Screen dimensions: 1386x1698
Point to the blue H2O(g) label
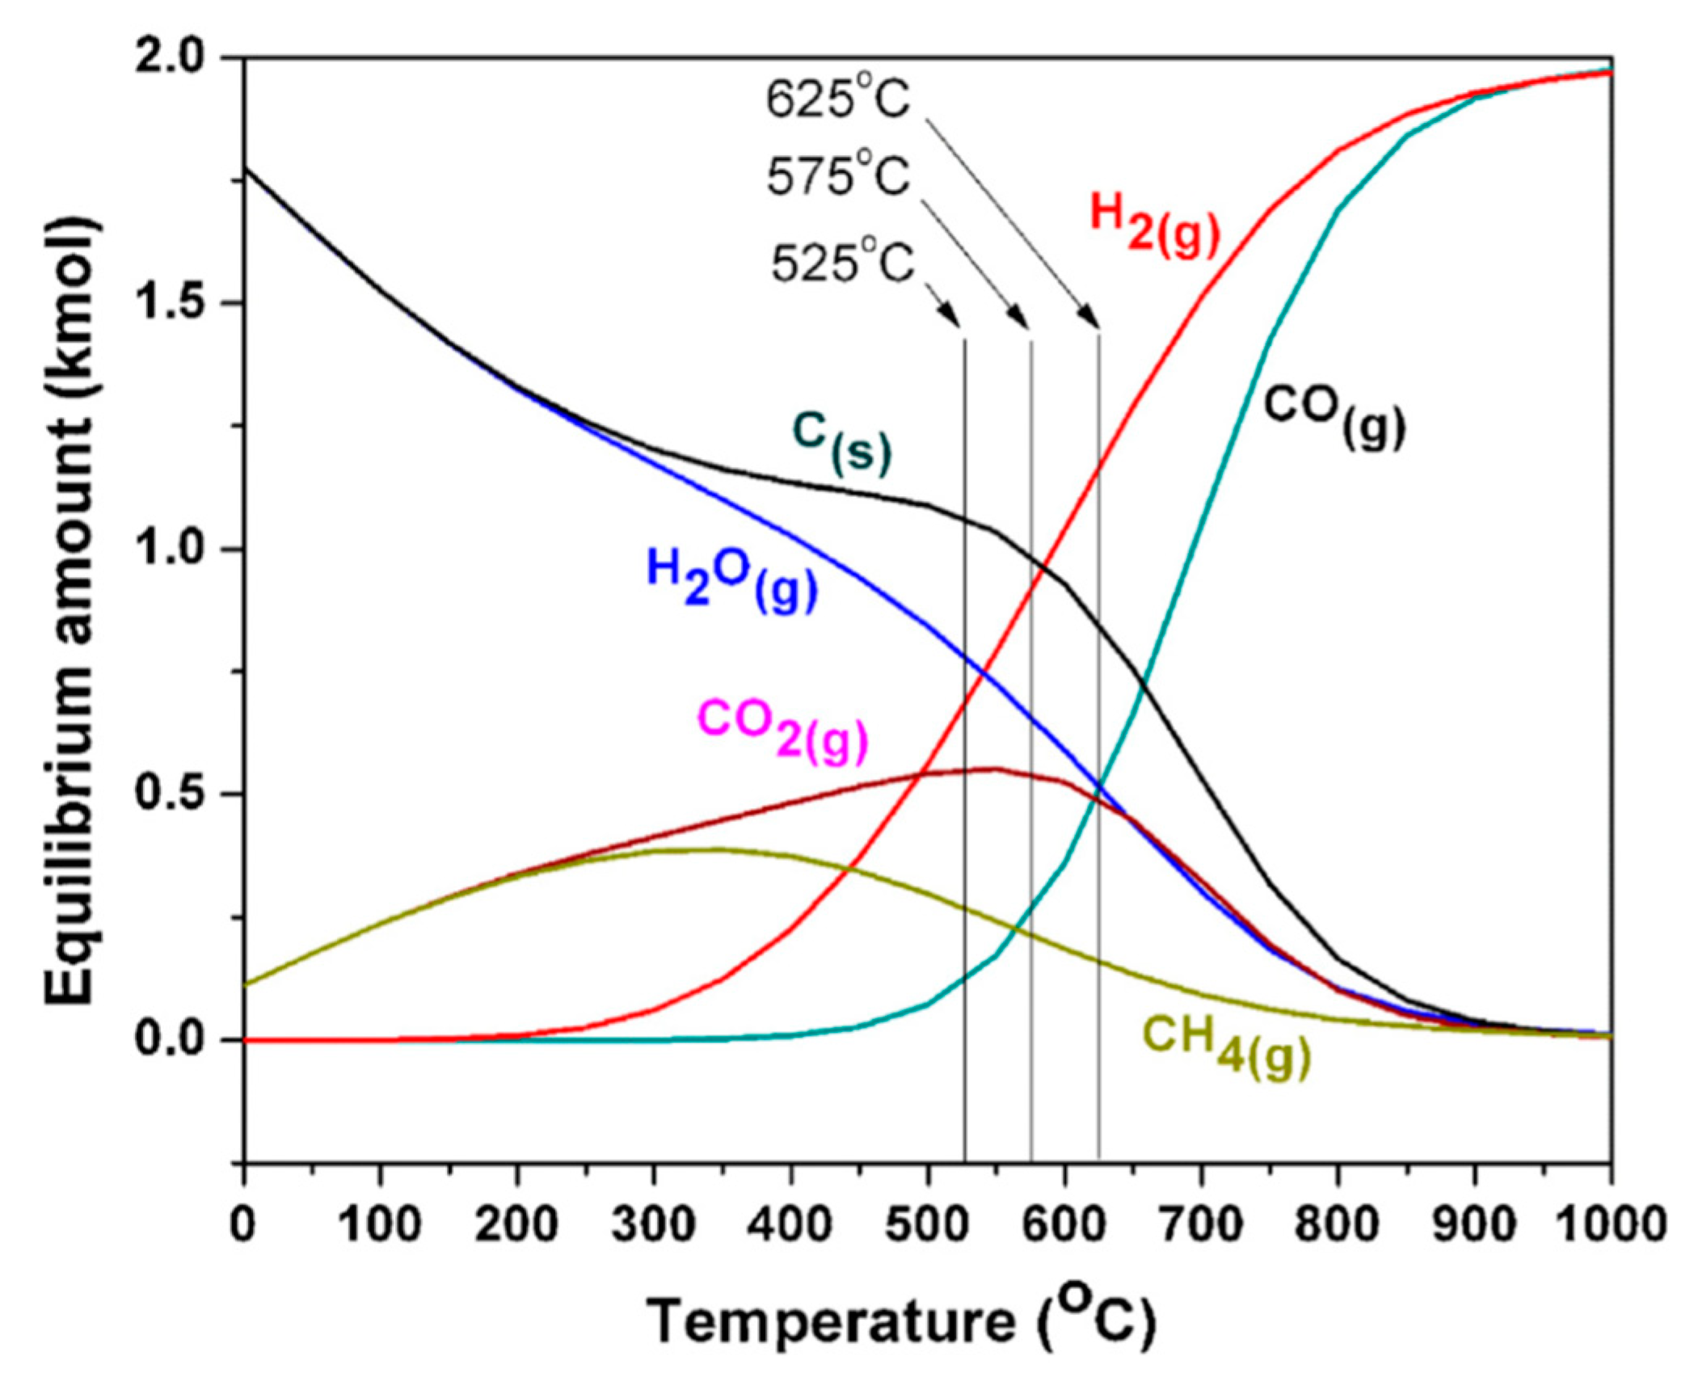(731, 579)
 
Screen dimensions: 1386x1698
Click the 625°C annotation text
(838, 103)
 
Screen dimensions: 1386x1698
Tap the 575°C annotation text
(838, 177)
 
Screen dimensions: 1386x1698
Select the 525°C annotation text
(841, 263)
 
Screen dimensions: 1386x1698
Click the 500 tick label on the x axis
(926, 1225)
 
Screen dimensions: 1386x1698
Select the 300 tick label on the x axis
(653, 1225)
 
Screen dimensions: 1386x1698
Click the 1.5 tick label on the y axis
(170, 304)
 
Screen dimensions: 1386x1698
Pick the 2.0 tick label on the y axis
(170, 58)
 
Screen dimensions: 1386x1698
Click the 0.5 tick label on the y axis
(170, 794)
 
